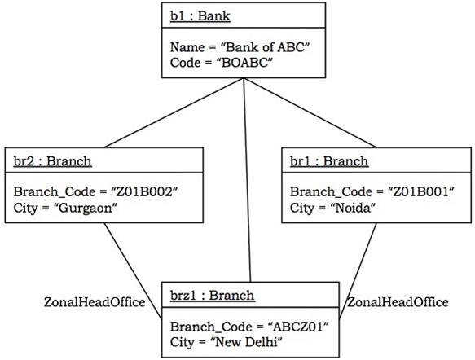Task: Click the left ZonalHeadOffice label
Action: pos(94,302)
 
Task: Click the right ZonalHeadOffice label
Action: pos(398,302)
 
